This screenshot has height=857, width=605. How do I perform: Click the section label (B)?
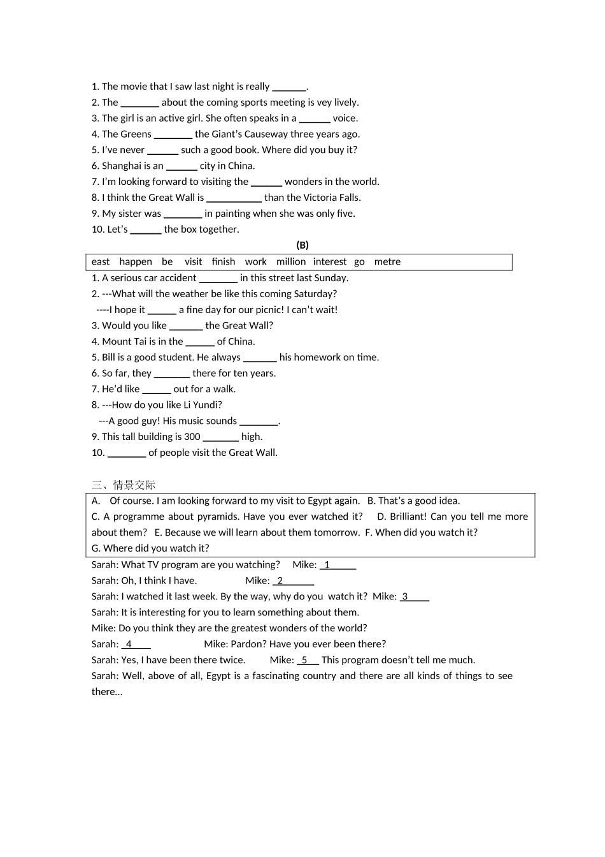(x=302, y=245)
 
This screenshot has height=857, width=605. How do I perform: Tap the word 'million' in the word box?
(x=291, y=261)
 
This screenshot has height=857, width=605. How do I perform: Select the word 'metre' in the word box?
(x=387, y=261)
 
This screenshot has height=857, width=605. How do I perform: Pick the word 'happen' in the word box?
(x=136, y=261)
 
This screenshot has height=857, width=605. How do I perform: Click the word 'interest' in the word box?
(x=330, y=261)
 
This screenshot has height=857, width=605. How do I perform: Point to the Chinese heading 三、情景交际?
(x=124, y=485)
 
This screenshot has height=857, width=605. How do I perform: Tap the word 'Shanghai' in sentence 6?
(x=122, y=166)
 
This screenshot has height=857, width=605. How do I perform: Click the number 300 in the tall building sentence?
(x=192, y=437)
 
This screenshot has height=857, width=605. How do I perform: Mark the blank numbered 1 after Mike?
(x=338, y=565)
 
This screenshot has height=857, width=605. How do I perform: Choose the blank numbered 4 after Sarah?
(x=136, y=645)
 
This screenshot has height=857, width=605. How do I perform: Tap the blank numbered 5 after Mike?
(x=308, y=661)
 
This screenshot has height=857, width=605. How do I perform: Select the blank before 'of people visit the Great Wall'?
(x=127, y=453)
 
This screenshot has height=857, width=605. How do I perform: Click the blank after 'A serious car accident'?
(x=218, y=279)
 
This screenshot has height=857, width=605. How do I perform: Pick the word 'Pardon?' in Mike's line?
(x=248, y=644)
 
